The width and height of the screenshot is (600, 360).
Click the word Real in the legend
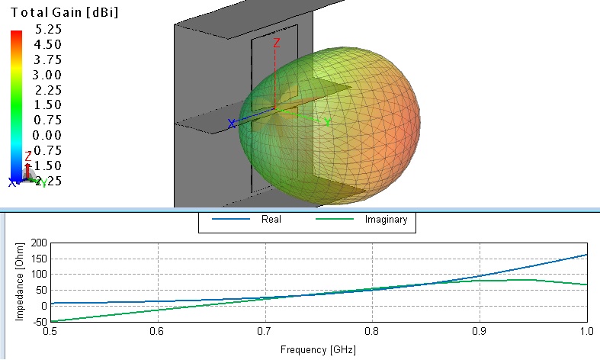pos(271,220)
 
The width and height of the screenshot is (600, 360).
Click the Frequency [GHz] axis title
pos(318,350)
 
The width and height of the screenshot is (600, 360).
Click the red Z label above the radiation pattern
pos(278,43)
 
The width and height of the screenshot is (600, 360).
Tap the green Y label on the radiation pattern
pos(327,122)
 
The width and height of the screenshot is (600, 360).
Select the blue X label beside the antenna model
pos(232,124)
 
